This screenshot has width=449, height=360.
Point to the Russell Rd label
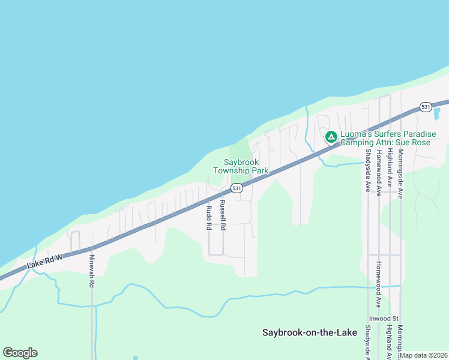[x=222, y=215]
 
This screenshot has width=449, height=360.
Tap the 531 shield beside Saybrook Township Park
[x=237, y=188]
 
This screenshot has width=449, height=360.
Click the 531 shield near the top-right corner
[x=426, y=107]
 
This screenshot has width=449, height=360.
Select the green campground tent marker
[x=331, y=137]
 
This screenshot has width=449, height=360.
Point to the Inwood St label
[x=384, y=318]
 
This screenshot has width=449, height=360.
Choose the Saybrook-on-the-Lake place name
[x=310, y=332]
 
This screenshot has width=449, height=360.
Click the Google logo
[x=20, y=353]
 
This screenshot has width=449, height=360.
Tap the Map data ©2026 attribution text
[x=424, y=355]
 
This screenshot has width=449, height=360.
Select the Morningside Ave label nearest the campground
[x=400, y=174]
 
